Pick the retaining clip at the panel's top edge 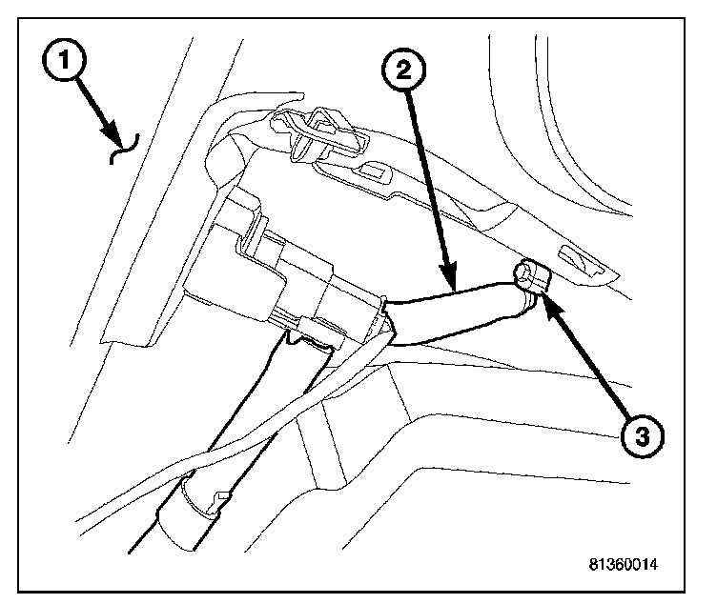coord(319,134)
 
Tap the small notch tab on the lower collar coord(221,495)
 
